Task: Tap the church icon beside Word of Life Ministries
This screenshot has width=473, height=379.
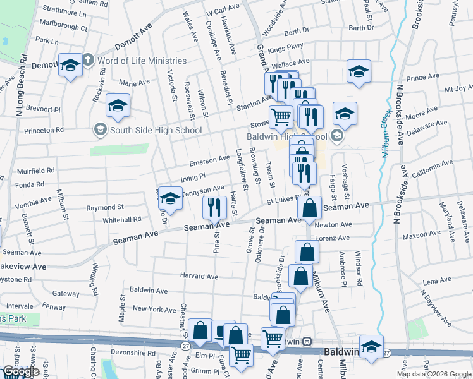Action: [88, 61]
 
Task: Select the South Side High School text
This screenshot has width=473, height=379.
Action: [156, 131]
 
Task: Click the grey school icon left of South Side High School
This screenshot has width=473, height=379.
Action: [100, 131]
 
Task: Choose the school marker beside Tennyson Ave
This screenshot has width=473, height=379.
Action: [169, 198]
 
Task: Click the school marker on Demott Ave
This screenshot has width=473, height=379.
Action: [70, 64]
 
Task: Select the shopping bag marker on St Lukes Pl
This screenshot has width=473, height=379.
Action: [310, 208]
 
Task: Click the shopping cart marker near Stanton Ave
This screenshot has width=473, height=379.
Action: [281, 116]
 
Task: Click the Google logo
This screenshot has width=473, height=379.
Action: [21, 371]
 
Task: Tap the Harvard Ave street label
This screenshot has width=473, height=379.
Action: [199, 277]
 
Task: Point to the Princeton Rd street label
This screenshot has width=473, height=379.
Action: [44, 130]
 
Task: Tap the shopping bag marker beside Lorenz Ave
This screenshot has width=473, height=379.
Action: [307, 251]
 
